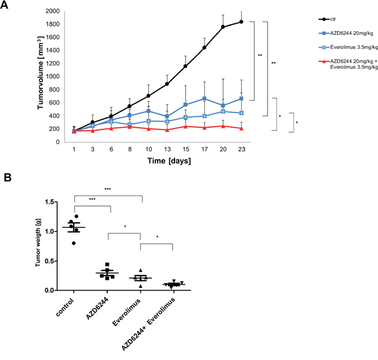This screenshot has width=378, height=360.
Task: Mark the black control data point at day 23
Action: point(241,22)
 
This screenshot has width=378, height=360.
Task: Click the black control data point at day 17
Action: point(204,48)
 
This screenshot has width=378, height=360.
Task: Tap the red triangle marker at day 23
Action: point(241,128)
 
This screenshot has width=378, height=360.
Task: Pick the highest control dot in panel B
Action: point(76,216)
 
